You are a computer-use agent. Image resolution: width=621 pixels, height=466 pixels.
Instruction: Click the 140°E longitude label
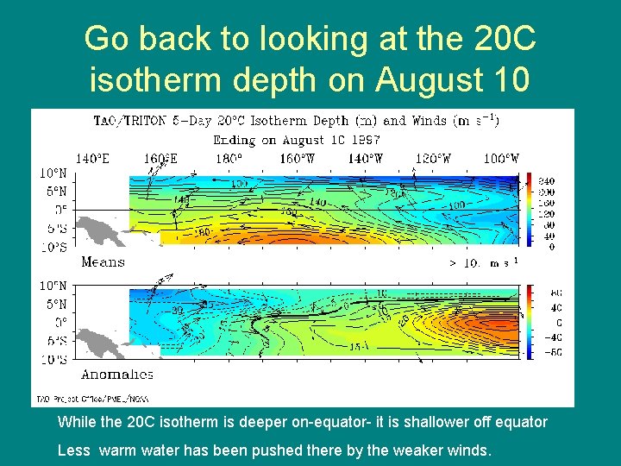coord(92,159)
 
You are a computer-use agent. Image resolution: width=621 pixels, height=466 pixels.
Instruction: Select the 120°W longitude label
coord(433,159)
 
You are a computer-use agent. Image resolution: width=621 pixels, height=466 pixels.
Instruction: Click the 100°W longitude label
coord(501,159)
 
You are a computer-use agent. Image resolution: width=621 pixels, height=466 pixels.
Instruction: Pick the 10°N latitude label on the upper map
coord(53,173)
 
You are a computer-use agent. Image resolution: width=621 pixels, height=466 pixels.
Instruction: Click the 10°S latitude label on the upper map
coord(53,248)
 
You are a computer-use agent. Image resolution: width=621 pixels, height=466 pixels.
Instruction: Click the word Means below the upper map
coord(103,262)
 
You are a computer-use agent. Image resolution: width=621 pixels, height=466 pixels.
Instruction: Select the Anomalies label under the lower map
coord(116,375)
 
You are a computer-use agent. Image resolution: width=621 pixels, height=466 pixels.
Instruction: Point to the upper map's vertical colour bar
coord(529,211)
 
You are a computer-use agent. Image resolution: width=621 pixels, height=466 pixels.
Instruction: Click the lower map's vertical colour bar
coord(529,322)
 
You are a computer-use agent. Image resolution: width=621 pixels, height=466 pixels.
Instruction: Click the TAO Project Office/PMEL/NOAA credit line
coord(91,400)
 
